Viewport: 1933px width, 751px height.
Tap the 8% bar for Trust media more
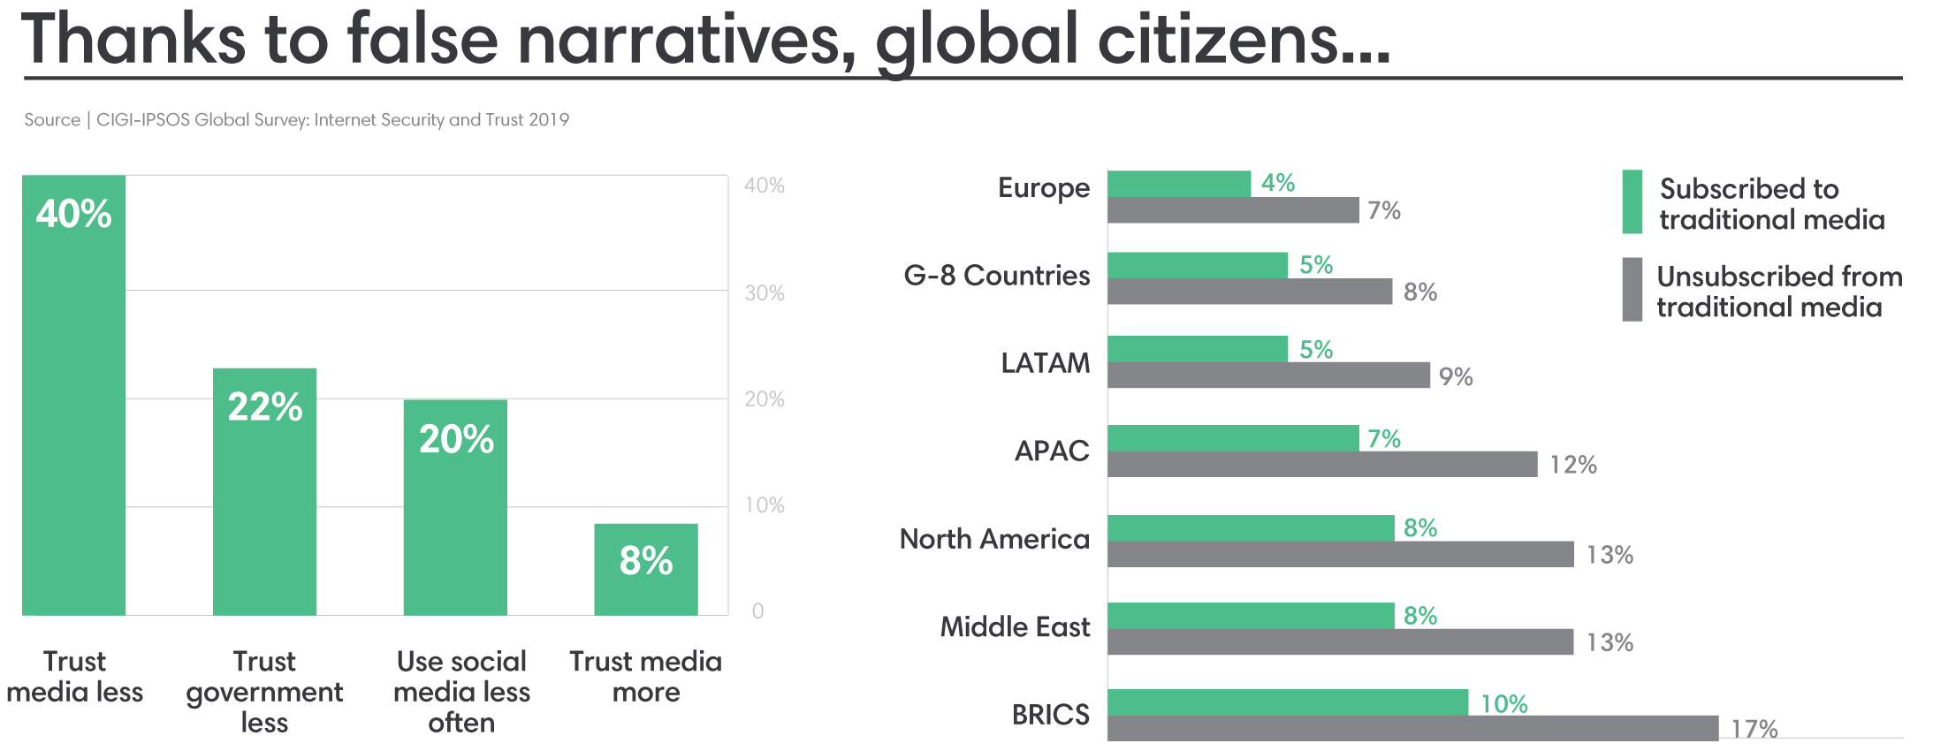645,569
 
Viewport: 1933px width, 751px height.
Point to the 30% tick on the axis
765,292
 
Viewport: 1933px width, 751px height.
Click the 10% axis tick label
765,505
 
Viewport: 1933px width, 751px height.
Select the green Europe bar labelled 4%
1179,184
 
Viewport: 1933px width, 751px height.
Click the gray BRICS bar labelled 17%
1412,728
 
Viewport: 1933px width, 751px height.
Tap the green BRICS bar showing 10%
1288,702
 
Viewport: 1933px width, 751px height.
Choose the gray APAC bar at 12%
1322,464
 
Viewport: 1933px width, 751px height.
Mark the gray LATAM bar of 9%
1268,375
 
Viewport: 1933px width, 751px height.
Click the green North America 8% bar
1251,527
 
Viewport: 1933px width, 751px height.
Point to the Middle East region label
1015,627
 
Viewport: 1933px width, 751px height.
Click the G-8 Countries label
996,276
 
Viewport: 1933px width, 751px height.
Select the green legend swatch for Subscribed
1632,201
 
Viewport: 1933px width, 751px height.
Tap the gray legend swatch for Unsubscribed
1632,289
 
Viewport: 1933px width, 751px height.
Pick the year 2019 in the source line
549,120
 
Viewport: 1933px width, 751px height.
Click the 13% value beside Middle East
1610,642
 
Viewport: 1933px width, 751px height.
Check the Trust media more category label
645,677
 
